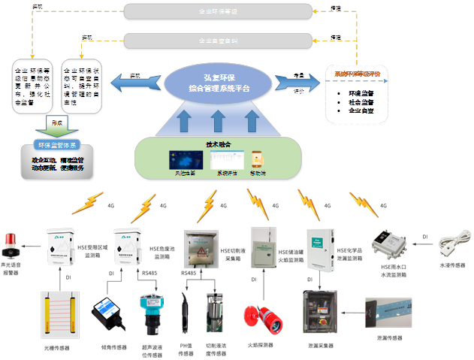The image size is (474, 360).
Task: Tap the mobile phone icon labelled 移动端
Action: tap(258, 160)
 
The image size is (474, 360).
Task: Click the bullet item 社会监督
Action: tap(363, 101)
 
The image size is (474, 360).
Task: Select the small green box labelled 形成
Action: tap(56, 121)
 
